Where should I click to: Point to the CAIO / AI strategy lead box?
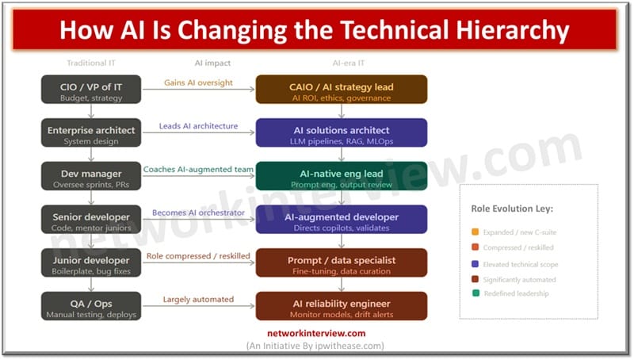coord(342,90)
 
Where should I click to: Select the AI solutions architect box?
coord(342,133)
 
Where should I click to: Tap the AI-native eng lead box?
coord(342,176)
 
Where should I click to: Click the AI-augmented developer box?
coord(342,220)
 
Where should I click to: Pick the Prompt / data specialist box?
coord(342,262)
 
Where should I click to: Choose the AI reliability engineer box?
coord(342,306)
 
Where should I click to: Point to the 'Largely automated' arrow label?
coord(198,299)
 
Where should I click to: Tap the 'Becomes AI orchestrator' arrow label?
coord(198,213)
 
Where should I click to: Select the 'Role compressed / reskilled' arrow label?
coord(198,255)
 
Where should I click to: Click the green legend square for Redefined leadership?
coord(475,293)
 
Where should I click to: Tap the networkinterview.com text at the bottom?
coord(317,334)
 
